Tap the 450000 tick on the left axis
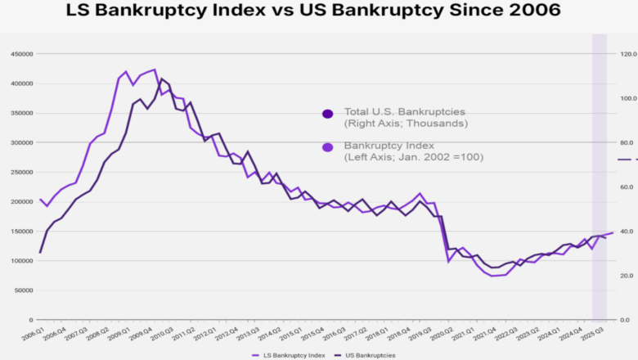pyautogui.click(x=21, y=54)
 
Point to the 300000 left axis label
pyautogui.click(x=21, y=142)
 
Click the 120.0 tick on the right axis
pyautogui.click(x=628, y=54)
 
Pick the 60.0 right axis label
pyautogui.click(x=628, y=187)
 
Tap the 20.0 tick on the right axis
pyautogui.click(x=628, y=276)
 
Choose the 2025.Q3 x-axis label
pyautogui.click(x=595, y=335)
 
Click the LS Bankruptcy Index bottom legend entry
pyautogui.click(x=297, y=355)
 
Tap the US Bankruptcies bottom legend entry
pyautogui.click(x=368, y=355)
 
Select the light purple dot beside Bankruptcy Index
pyautogui.click(x=328, y=147)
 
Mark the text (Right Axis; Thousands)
pyautogui.click(x=406, y=124)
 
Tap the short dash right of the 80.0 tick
pyautogui.click(x=624, y=160)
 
